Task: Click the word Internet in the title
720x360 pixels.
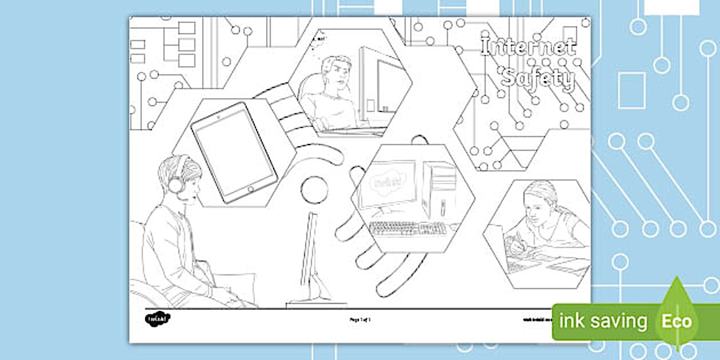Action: point(528,47)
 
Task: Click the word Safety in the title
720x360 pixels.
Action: point(537,79)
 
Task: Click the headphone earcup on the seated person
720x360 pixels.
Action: point(175,184)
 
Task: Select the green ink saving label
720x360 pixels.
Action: point(603,321)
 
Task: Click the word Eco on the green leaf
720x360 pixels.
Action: point(677,321)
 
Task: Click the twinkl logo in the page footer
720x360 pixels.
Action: point(158,318)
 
